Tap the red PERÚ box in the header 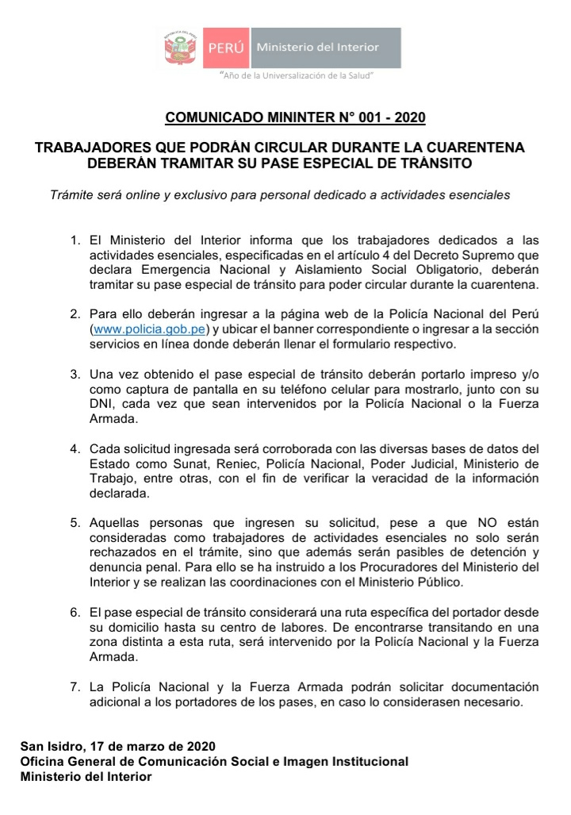click(227, 48)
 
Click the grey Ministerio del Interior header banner click(325, 48)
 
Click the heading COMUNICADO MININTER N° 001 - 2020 click(295, 118)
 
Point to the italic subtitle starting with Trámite click(279, 194)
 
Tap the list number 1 click(75, 240)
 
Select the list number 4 click(75, 449)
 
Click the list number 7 click(75, 686)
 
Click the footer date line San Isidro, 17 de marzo click(117, 747)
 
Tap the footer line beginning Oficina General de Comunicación click(214, 761)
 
